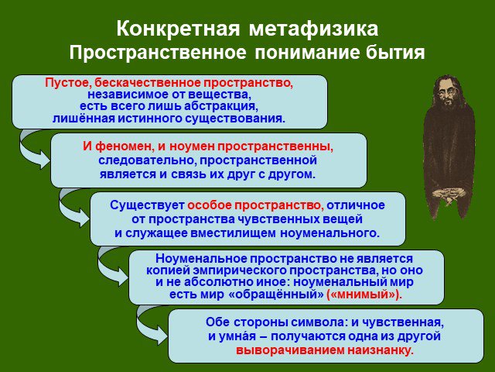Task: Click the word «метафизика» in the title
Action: pos(313,29)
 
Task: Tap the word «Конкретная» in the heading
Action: pos(178,29)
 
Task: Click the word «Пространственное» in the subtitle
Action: pos(158,53)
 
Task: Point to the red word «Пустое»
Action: pos(68,83)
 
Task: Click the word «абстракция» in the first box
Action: pos(220,106)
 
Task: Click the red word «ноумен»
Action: pos(192,146)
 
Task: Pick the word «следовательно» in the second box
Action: pos(147,160)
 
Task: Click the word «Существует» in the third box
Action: pos(147,205)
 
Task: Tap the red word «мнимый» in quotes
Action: pos(364,294)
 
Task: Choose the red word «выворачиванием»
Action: pos(291,350)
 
